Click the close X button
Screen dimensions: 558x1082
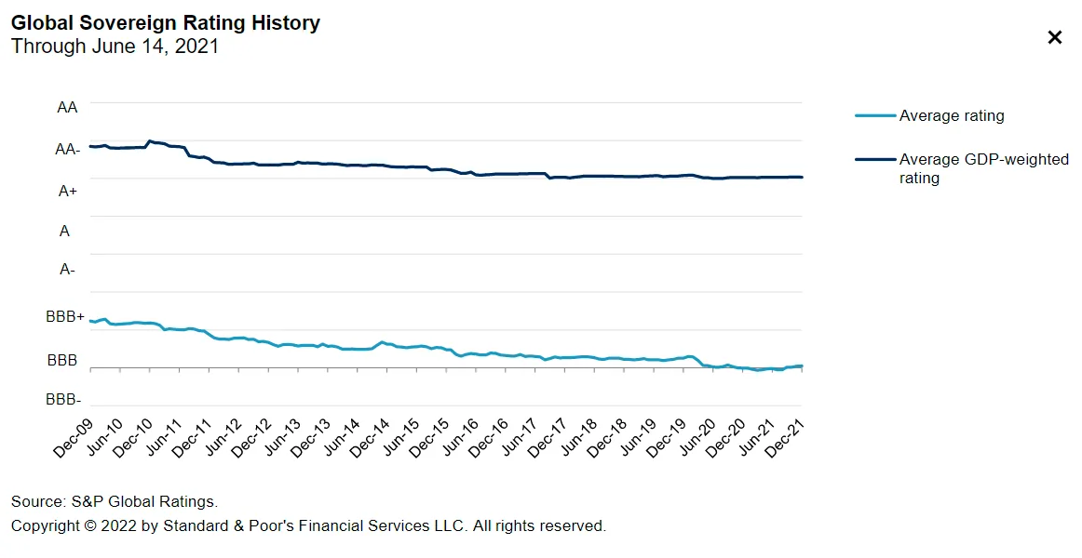pos(1055,37)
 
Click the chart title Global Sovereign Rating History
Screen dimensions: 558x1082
pos(166,23)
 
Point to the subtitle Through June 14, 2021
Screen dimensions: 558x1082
pos(115,46)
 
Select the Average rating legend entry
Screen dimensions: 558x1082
pos(951,116)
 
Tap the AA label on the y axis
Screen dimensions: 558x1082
pos(67,108)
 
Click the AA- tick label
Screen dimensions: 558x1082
pos(67,149)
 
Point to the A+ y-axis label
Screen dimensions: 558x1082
pos(68,191)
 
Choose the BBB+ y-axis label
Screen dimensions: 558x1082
pos(65,317)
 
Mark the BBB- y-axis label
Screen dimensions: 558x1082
pos(64,400)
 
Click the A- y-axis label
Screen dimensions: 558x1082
pos(67,270)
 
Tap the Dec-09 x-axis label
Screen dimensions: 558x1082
pos(72,437)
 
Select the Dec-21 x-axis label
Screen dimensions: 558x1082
pos(784,437)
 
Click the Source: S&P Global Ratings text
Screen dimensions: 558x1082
pos(115,502)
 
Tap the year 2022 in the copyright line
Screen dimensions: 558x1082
pos(118,526)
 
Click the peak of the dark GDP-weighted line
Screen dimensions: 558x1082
pos(150,140)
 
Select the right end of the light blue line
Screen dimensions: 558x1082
pos(802,365)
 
